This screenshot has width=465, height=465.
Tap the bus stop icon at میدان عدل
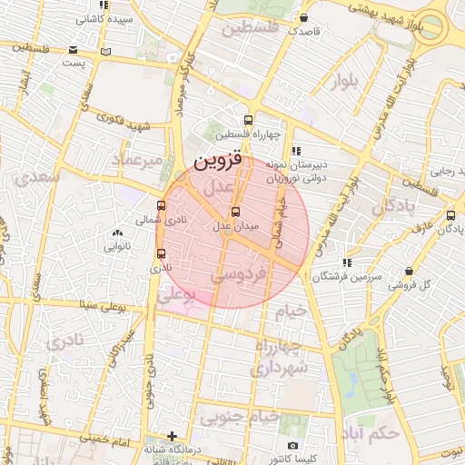click(236, 212)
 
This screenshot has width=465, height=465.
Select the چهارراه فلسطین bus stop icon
click(248, 120)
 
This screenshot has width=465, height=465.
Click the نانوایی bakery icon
click(118, 233)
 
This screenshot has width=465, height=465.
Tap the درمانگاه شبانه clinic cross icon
click(173, 436)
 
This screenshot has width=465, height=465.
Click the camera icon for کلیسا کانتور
click(292, 446)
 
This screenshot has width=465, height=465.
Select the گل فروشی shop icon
click(410, 272)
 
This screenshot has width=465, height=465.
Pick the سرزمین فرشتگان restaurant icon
click(348, 263)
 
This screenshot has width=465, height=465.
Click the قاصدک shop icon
click(303, 17)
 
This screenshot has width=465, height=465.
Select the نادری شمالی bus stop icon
click(162, 205)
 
